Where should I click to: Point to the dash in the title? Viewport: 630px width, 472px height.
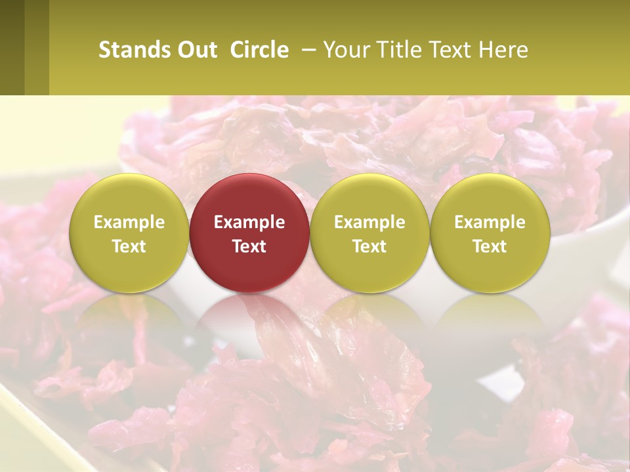click(307, 50)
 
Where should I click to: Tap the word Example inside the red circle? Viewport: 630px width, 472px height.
click(249, 222)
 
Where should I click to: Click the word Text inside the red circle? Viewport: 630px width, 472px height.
click(249, 246)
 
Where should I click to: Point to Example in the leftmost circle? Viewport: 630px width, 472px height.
click(129, 222)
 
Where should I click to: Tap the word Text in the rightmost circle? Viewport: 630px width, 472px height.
click(490, 246)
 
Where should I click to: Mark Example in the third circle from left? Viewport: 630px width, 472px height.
click(369, 222)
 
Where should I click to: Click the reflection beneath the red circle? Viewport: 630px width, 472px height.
click(249, 321)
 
